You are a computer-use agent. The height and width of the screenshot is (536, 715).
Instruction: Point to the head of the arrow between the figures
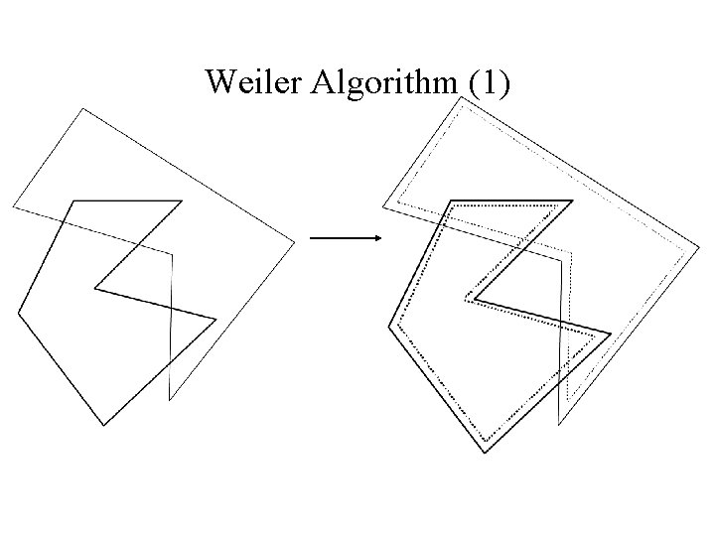coord(380,238)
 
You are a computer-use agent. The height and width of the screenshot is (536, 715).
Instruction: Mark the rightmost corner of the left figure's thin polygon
coord(295,240)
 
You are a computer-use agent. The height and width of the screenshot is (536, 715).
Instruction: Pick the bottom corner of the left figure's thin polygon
coord(170,400)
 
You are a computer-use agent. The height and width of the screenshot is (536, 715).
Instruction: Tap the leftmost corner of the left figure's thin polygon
coord(13,206)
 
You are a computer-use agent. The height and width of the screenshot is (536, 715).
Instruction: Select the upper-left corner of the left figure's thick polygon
coord(71,201)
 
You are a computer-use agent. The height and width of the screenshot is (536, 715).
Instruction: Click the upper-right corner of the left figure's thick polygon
coord(182,201)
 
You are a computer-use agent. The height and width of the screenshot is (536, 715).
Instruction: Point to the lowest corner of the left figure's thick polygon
coord(104,425)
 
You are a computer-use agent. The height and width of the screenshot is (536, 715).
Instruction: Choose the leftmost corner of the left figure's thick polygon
coord(18,312)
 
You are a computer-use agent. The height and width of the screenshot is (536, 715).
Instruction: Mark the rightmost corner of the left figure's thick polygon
coord(215,319)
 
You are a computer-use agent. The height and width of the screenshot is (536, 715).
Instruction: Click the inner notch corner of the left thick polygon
coord(94,289)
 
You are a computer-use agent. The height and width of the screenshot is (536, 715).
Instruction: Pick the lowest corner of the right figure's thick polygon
coord(485,453)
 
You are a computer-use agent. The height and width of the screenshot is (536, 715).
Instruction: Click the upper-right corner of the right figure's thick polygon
coord(573,201)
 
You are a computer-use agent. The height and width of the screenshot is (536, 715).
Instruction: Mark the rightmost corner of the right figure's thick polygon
coord(610,333)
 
